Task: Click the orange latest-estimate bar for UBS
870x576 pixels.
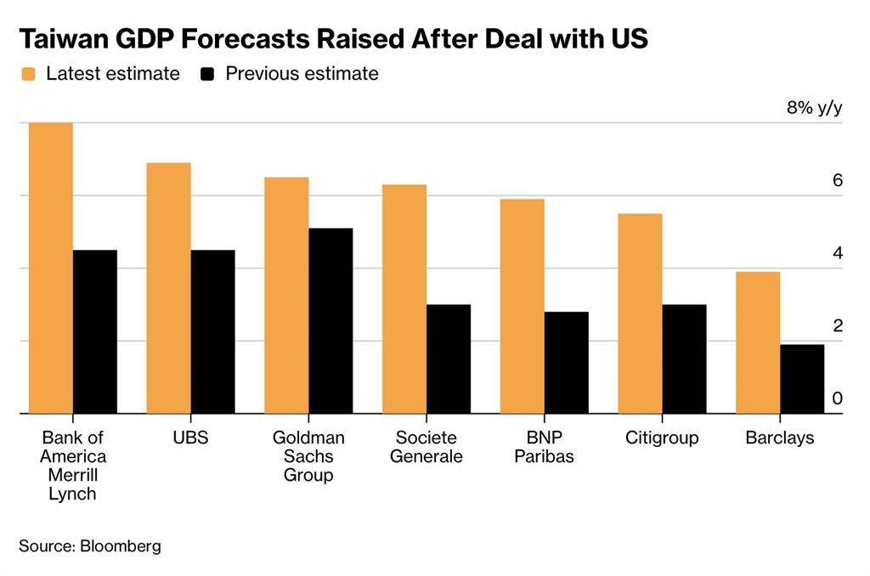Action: point(168,288)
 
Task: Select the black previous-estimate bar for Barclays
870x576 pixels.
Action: point(802,379)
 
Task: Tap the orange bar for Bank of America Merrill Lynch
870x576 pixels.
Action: point(51,268)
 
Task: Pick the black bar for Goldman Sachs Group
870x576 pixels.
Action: point(330,321)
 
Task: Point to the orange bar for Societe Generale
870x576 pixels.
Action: point(404,299)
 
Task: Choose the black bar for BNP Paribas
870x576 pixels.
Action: point(566,363)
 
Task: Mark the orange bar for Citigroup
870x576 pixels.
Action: point(640,313)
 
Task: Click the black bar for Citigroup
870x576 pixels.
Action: point(684,359)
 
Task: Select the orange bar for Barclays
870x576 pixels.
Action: point(758,342)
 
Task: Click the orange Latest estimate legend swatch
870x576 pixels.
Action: point(28,74)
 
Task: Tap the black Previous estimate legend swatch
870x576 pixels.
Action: point(207,74)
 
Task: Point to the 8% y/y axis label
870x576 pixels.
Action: point(814,108)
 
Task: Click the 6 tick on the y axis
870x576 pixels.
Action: point(837,181)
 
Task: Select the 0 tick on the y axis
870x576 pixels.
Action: point(837,399)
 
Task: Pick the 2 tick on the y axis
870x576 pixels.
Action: point(837,326)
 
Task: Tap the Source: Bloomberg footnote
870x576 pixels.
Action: point(89,545)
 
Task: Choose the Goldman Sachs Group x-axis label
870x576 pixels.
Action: point(308,456)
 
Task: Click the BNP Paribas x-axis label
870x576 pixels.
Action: point(544,447)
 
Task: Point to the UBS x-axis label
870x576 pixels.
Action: point(189,438)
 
